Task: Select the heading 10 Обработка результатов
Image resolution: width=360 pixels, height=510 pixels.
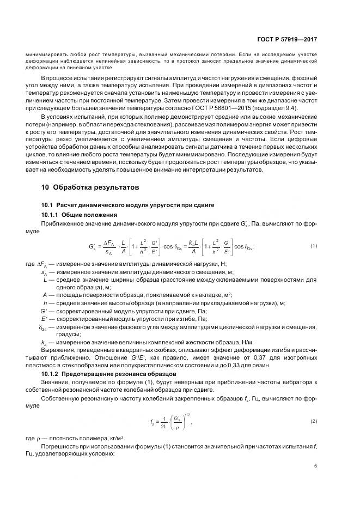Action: pyautogui.click(x=89, y=187)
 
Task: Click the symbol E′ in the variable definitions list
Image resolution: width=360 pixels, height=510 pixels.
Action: pyautogui.click(x=45, y=319)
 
